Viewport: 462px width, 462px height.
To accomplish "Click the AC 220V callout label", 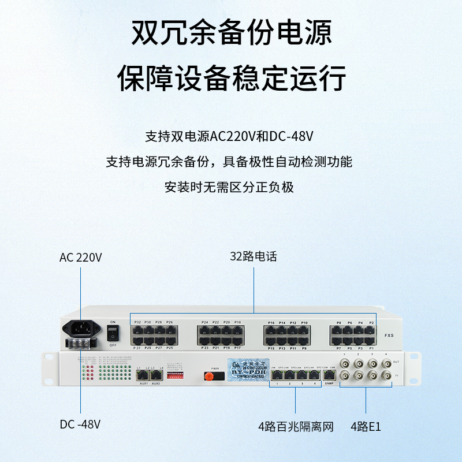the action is pos(81,258).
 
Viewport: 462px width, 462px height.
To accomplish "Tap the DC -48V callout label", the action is pos(80,424).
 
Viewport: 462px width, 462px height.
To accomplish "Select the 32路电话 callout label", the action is pos(254,256).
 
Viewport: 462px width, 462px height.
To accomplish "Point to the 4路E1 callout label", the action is pos(366,427).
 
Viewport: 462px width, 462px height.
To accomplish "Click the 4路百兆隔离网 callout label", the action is pos(296,427).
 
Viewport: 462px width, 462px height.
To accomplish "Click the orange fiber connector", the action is pos(209,377).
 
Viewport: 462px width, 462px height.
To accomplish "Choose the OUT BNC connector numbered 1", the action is pos(345,364).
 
